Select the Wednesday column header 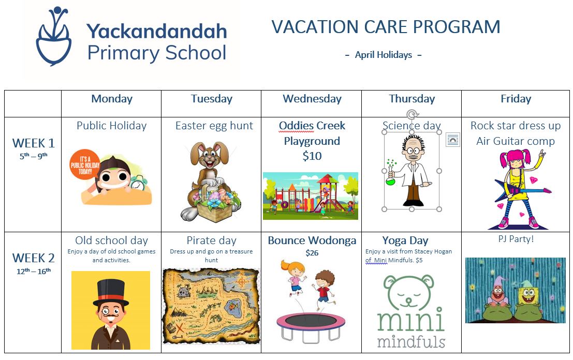pos(312,99)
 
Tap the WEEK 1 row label pos(33,143)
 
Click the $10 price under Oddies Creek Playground pos(312,156)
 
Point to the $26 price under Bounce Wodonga pos(312,252)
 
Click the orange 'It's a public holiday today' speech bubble pos(85,164)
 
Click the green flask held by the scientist pos(391,177)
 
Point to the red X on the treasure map pos(180,327)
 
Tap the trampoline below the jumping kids pos(311,327)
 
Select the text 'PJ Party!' pos(516,239)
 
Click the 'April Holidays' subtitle pos(384,55)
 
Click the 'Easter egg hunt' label pos(214,126)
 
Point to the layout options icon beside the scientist pos(453,140)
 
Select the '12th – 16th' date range pos(33,271)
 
